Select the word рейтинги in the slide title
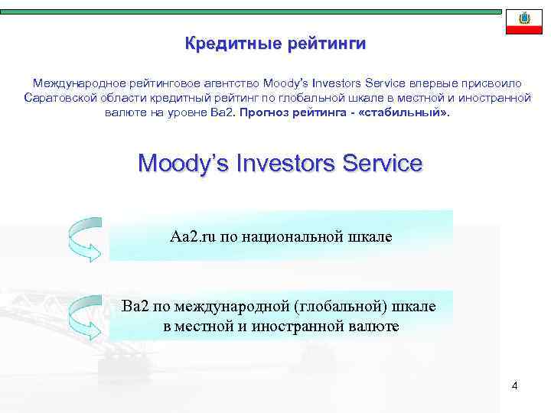(x=327, y=44)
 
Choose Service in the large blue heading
(x=383, y=164)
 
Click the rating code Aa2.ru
(x=194, y=236)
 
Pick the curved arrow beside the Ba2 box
(x=84, y=316)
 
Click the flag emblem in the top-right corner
(x=524, y=19)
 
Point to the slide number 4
(x=514, y=385)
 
